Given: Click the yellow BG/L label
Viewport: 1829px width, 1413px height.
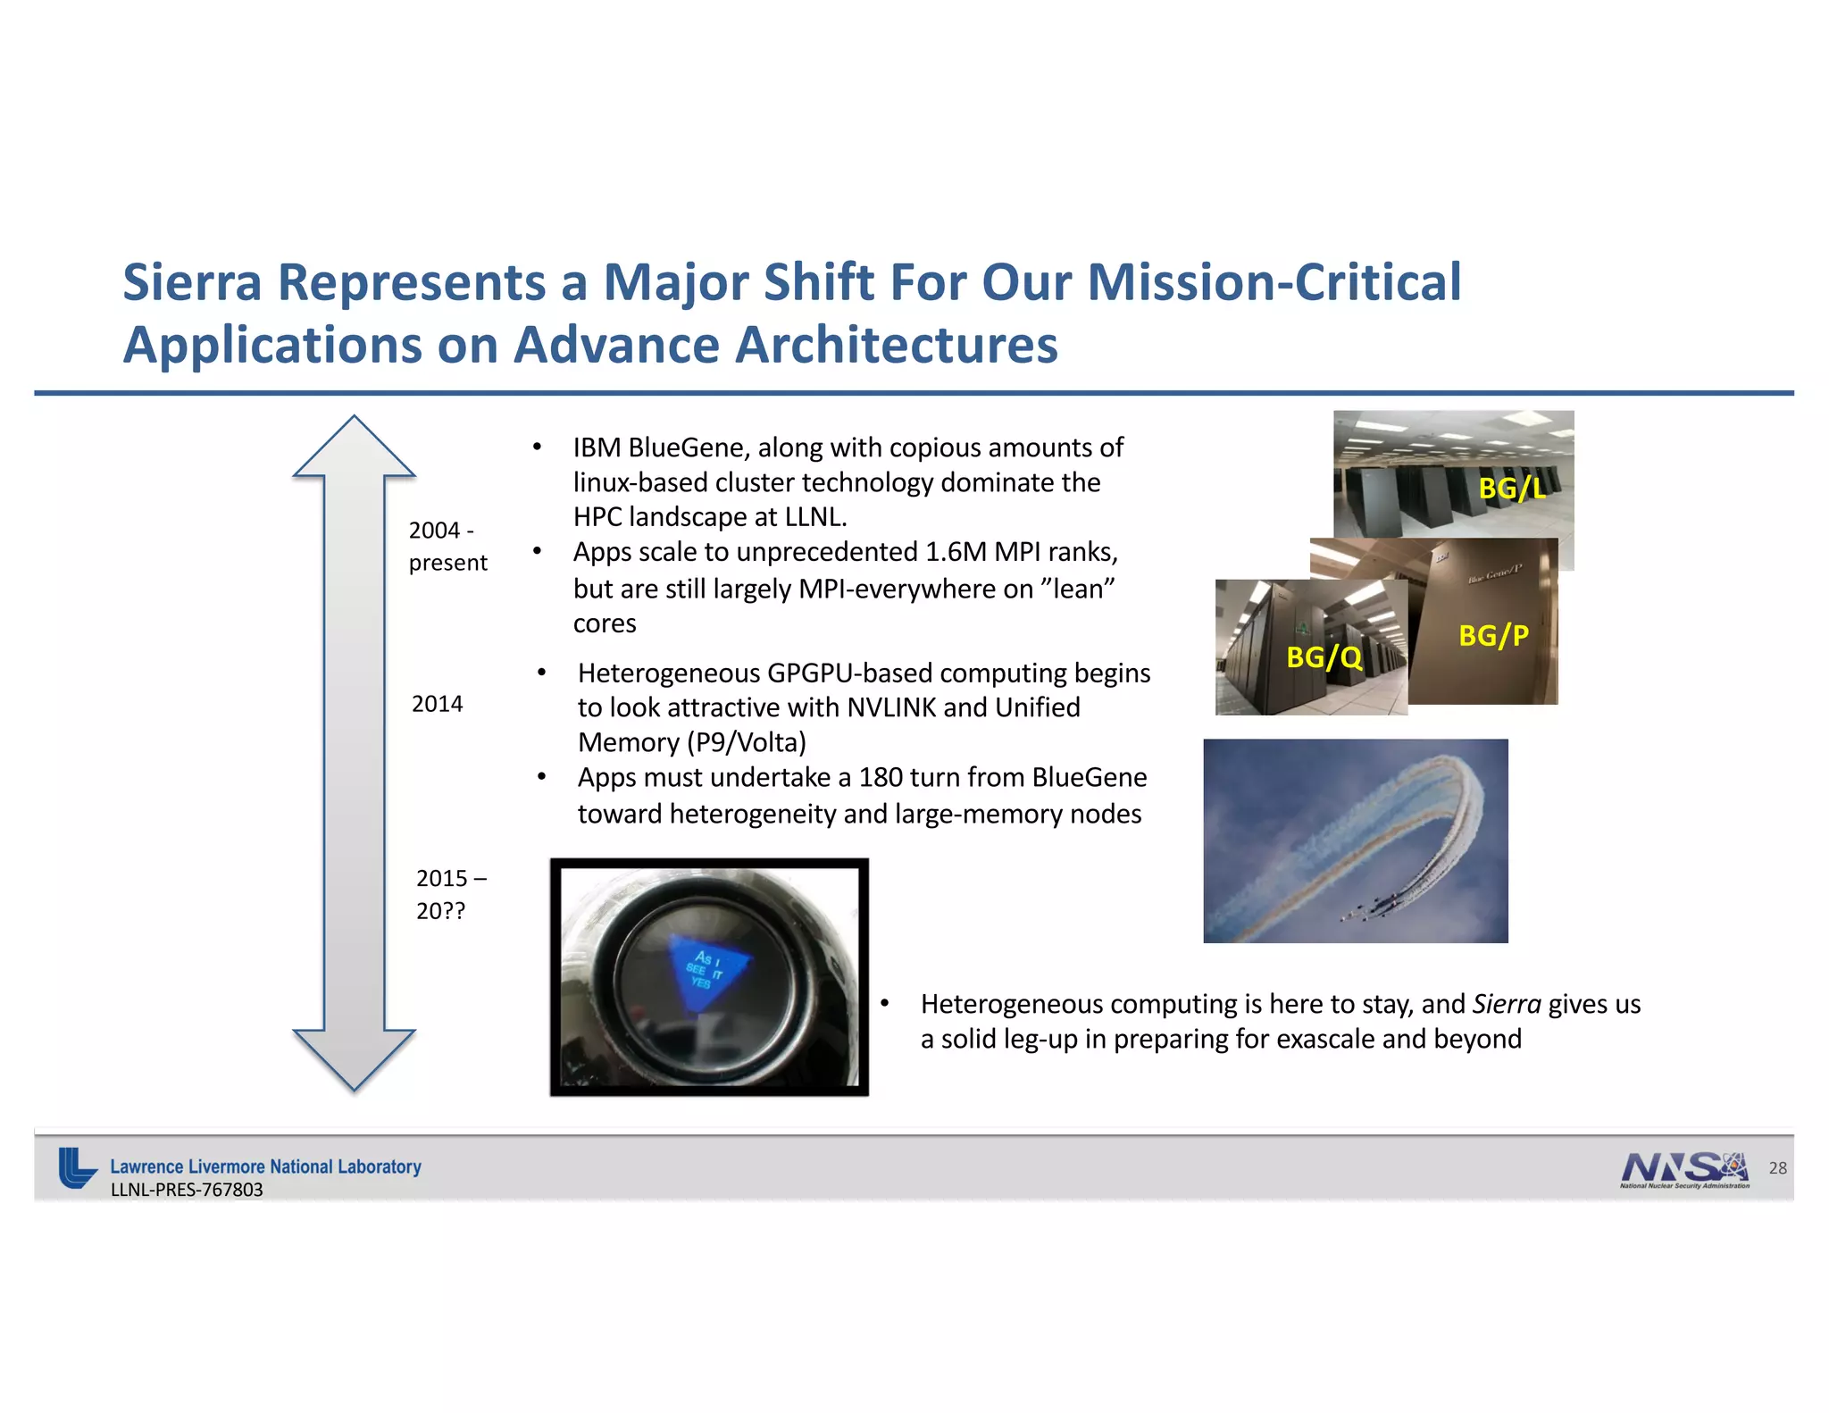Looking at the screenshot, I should click(x=1511, y=488).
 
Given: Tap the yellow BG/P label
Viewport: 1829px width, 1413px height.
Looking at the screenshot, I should click(x=1493, y=635).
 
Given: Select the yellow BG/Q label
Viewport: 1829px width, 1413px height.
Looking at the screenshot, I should click(x=1324, y=657).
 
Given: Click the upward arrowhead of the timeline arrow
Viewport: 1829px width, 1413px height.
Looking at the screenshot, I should click(x=355, y=447).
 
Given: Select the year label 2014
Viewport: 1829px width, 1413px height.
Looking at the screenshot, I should click(x=437, y=704).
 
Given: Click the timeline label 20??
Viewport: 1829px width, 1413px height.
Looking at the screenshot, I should click(x=440, y=911).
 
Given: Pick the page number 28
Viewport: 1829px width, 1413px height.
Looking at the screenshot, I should click(x=1777, y=1167).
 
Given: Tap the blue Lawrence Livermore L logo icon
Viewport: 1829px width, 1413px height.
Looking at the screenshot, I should click(x=77, y=1167).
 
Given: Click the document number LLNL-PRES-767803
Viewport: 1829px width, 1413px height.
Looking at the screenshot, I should click(x=187, y=1190).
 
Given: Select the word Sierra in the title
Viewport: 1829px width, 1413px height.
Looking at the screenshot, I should click(x=192, y=282).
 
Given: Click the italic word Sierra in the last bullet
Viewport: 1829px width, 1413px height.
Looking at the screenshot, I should click(x=1507, y=1004).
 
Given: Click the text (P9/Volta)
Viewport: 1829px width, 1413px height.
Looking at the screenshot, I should click(x=747, y=742).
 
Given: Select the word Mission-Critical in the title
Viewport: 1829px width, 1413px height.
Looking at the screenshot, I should click(x=1274, y=282).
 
